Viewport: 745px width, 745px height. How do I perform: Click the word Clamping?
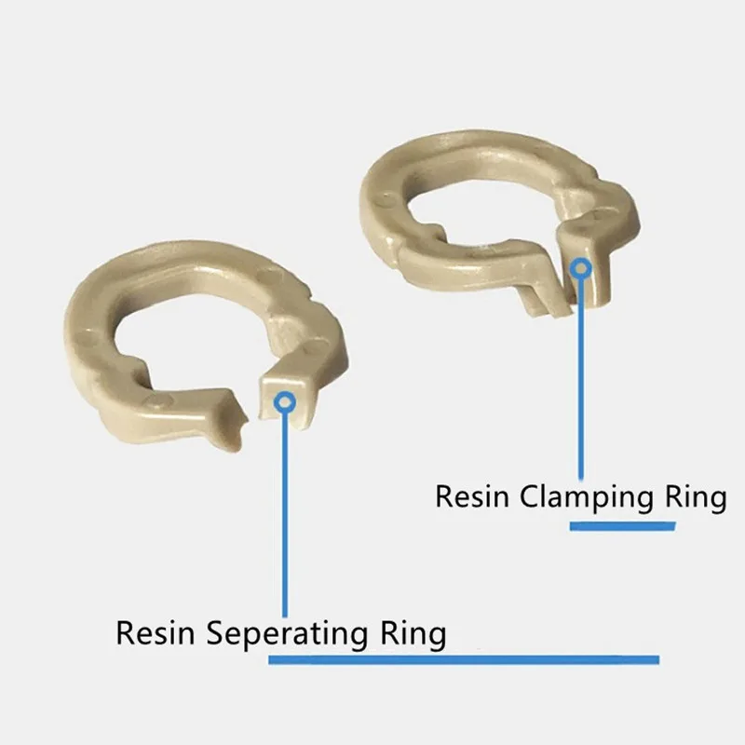pyautogui.click(x=592, y=497)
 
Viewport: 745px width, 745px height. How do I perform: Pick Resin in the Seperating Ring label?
pyautogui.click(x=156, y=633)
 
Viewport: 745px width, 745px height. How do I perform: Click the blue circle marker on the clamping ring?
pyautogui.click(x=582, y=268)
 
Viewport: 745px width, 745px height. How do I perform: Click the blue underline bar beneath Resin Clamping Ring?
pyautogui.click(x=622, y=526)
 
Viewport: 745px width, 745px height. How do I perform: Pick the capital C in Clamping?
pyautogui.click(x=531, y=496)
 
